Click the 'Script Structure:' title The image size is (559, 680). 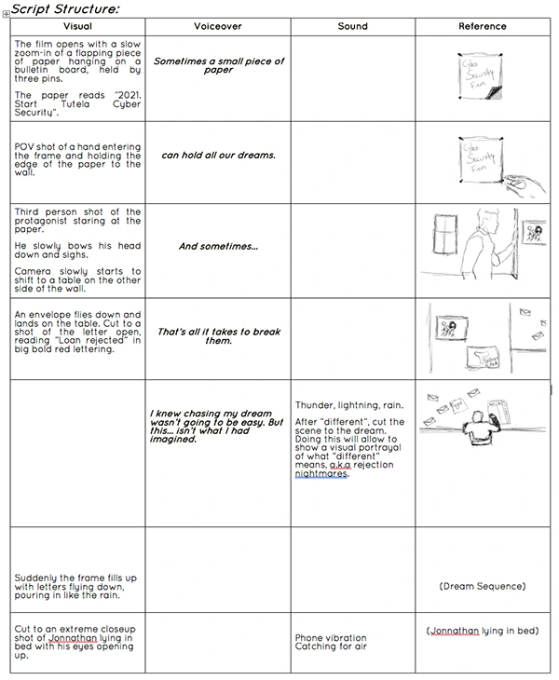pyautogui.click(x=65, y=8)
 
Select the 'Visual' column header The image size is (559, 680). pyautogui.click(x=78, y=26)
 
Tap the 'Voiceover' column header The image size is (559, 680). pyautogui.click(x=217, y=26)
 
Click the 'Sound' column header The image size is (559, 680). pyautogui.click(x=352, y=26)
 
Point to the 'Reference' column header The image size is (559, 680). pyautogui.click(x=483, y=26)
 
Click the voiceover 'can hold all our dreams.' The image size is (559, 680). pyautogui.click(x=218, y=155)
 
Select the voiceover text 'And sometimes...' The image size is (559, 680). pyautogui.click(x=218, y=247)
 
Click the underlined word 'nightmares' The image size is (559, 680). pyautogui.click(x=320, y=473)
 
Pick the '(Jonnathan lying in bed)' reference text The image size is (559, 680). pyautogui.click(x=483, y=631)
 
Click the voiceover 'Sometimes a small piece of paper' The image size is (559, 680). pyautogui.click(x=218, y=65)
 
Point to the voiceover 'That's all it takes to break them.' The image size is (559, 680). pyautogui.click(x=218, y=335)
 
